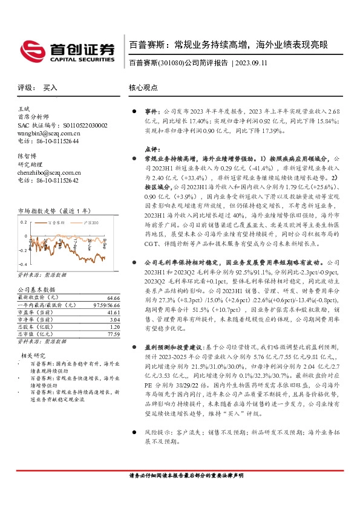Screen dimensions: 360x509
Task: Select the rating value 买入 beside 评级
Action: [50, 88]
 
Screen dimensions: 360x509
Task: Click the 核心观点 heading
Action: [143, 88]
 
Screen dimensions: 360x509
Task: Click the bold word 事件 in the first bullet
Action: [151, 112]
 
